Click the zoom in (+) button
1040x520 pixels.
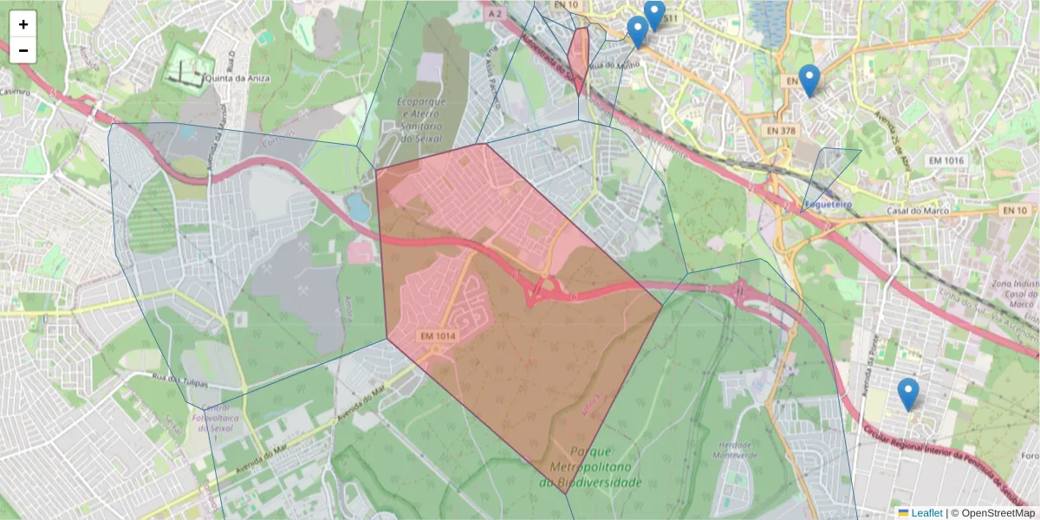click(23, 24)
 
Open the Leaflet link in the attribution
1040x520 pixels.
click(926, 513)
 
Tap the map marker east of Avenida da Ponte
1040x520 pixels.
click(907, 395)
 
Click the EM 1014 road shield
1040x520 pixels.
click(438, 335)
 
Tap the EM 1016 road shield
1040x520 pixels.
click(946, 160)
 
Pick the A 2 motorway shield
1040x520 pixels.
click(495, 14)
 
